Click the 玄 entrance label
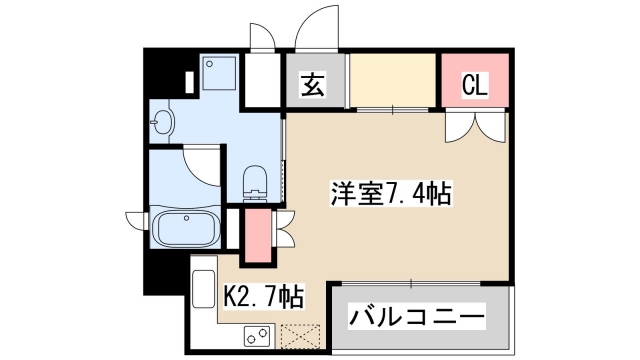pos(314,85)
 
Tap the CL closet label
pos(474,85)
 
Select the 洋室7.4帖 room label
pos(391,193)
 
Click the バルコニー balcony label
pos(417,319)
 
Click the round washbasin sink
pos(163,125)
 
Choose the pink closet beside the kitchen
pos(257,236)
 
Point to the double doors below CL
pos(474,126)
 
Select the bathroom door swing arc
pos(203,165)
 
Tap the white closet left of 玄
pos(261,81)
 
